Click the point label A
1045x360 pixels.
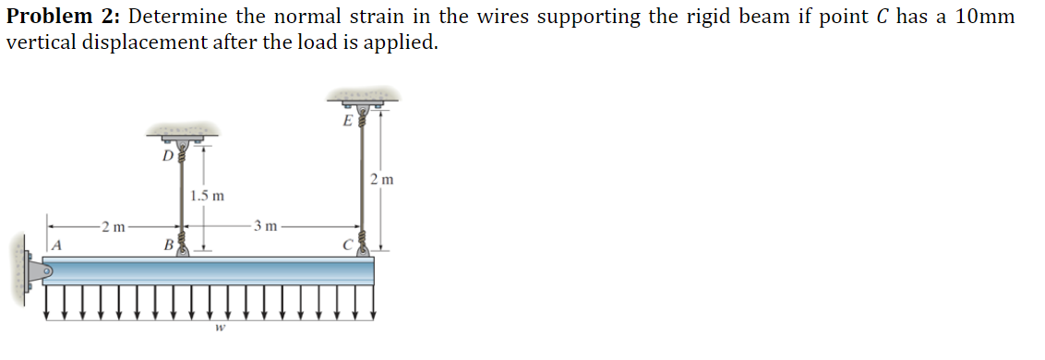click(56, 245)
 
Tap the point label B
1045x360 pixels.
click(167, 246)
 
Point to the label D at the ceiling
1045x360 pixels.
click(167, 155)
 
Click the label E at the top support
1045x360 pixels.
click(346, 120)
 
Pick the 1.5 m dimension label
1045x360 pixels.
click(206, 196)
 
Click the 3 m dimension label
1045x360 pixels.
click(266, 225)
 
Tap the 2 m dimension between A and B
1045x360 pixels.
click(114, 225)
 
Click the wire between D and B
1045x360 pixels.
click(181, 198)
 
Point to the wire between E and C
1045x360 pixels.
click(361, 180)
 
